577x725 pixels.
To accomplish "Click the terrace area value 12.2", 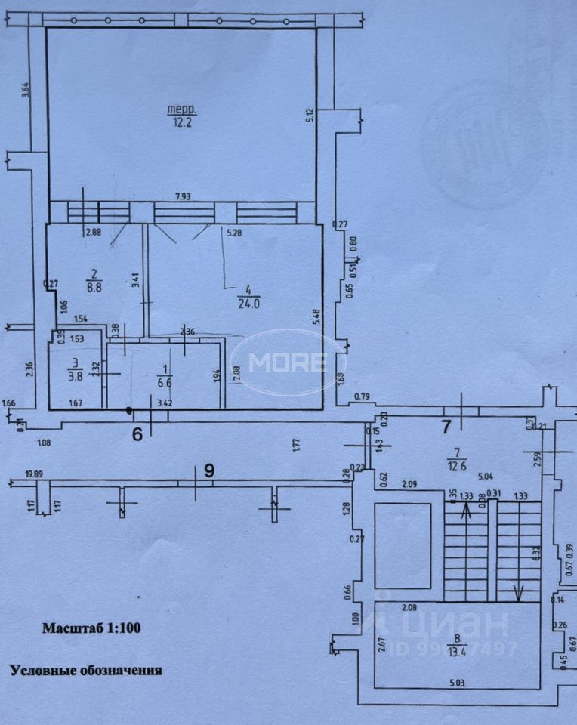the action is coord(179,122).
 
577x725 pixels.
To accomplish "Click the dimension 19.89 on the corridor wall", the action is coord(33,474).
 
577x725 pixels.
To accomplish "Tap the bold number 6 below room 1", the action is coord(137,434).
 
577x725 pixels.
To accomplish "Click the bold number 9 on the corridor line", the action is coord(209,469).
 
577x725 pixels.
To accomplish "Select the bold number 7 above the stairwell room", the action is coord(446,427).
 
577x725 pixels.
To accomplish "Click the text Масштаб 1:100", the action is coord(91,627).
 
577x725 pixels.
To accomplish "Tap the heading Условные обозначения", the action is coord(85,669).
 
